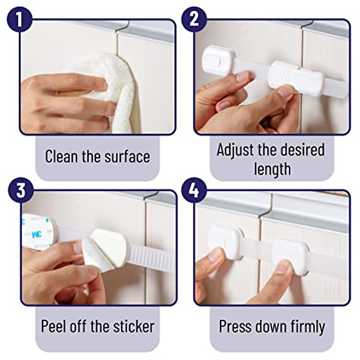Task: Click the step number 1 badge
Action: coord(19,19)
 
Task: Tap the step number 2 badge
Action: coord(194,19)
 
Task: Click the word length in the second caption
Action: coord(272,169)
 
